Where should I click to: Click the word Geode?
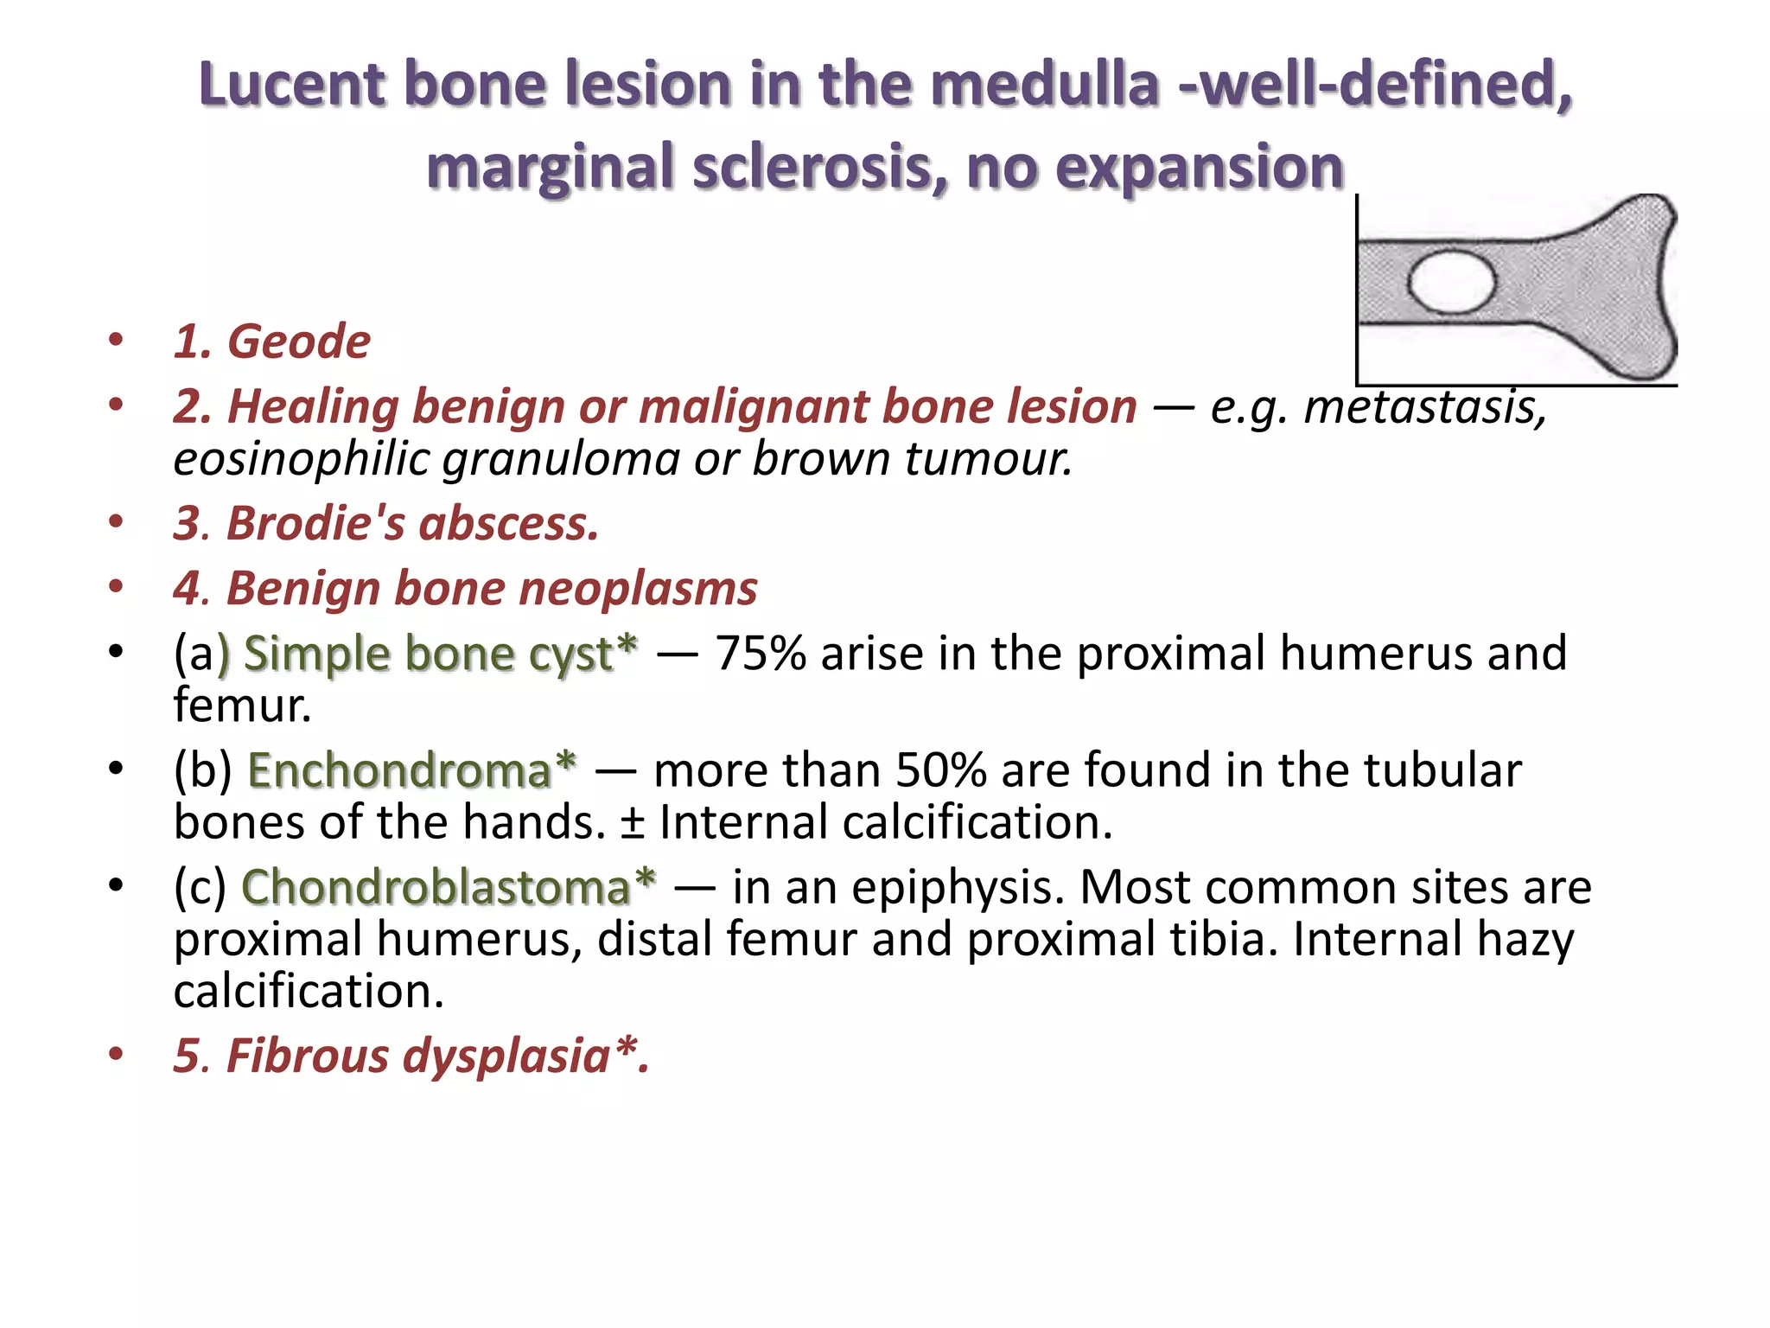coord(298,342)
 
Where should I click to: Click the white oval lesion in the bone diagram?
coord(1451,282)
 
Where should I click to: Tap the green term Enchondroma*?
coord(411,770)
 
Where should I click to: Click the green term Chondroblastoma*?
coord(448,887)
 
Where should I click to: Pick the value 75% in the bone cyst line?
coord(761,654)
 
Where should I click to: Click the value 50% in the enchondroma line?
coord(940,770)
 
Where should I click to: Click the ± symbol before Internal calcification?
coord(632,823)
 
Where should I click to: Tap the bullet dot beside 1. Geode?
coord(116,340)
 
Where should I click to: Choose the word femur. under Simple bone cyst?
coord(241,705)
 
